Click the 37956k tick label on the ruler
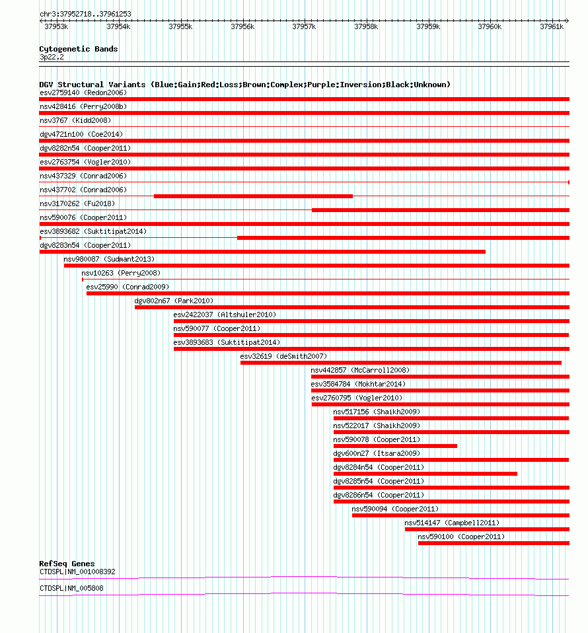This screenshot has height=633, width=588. point(242,26)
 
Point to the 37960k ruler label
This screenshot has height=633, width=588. point(490,26)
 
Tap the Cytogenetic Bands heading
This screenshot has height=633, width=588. point(78,49)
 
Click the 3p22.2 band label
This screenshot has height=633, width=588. point(52,57)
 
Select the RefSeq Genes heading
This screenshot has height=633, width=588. point(67,564)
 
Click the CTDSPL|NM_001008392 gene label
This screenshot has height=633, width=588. point(77,572)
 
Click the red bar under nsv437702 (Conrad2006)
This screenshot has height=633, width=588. point(253,196)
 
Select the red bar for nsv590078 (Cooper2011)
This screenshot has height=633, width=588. point(395,446)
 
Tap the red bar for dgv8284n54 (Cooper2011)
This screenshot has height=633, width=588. point(425,474)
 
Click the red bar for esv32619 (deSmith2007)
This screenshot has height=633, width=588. point(400,363)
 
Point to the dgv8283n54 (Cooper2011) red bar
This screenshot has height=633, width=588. point(262,252)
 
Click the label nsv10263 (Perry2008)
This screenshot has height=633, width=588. point(121,273)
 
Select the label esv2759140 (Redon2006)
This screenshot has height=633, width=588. point(83,93)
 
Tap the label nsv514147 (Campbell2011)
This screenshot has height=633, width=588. point(452,523)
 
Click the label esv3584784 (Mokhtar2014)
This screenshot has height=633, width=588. point(359,384)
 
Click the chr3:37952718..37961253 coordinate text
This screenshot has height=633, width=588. point(85,14)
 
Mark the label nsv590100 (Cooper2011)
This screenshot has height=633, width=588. point(461,537)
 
